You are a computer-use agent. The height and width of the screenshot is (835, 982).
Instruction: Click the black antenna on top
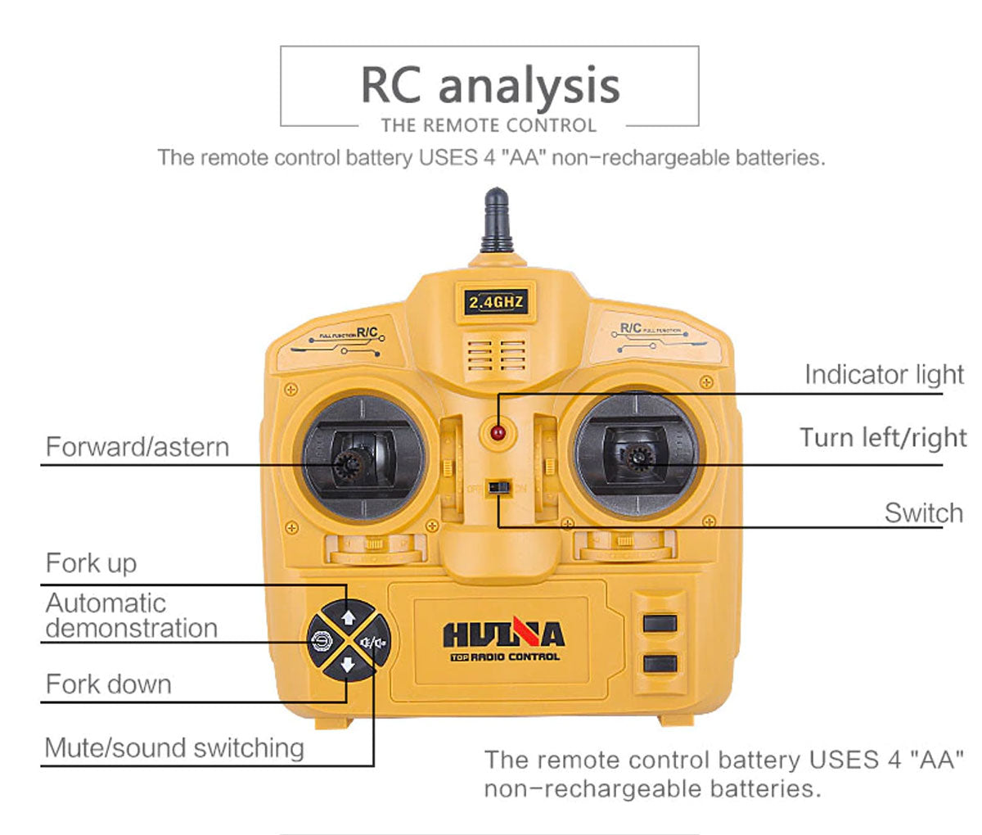(x=497, y=219)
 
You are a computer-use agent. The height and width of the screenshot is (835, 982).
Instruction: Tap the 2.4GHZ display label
(x=495, y=303)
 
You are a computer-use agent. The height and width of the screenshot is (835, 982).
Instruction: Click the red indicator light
(x=496, y=431)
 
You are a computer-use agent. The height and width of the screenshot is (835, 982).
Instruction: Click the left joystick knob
(x=349, y=464)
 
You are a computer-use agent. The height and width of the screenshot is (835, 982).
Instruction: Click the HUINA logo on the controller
(x=503, y=635)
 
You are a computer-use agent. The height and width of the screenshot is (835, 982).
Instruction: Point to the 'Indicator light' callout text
(x=884, y=374)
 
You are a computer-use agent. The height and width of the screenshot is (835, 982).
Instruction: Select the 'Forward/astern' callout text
(x=137, y=447)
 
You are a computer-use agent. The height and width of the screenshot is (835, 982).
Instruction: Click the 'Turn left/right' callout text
(x=882, y=437)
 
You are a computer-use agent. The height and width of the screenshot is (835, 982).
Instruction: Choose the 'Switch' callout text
(x=923, y=513)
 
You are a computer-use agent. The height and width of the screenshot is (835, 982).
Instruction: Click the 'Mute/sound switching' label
(x=174, y=747)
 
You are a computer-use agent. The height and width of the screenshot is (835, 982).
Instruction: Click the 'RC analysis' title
(x=489, y=84)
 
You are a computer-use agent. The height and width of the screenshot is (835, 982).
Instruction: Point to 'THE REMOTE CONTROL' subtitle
(x=489, y=125)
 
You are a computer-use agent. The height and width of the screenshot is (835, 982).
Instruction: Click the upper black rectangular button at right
(x=660, y=623)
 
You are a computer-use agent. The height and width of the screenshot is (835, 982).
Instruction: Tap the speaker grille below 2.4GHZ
(x=496, y=354)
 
